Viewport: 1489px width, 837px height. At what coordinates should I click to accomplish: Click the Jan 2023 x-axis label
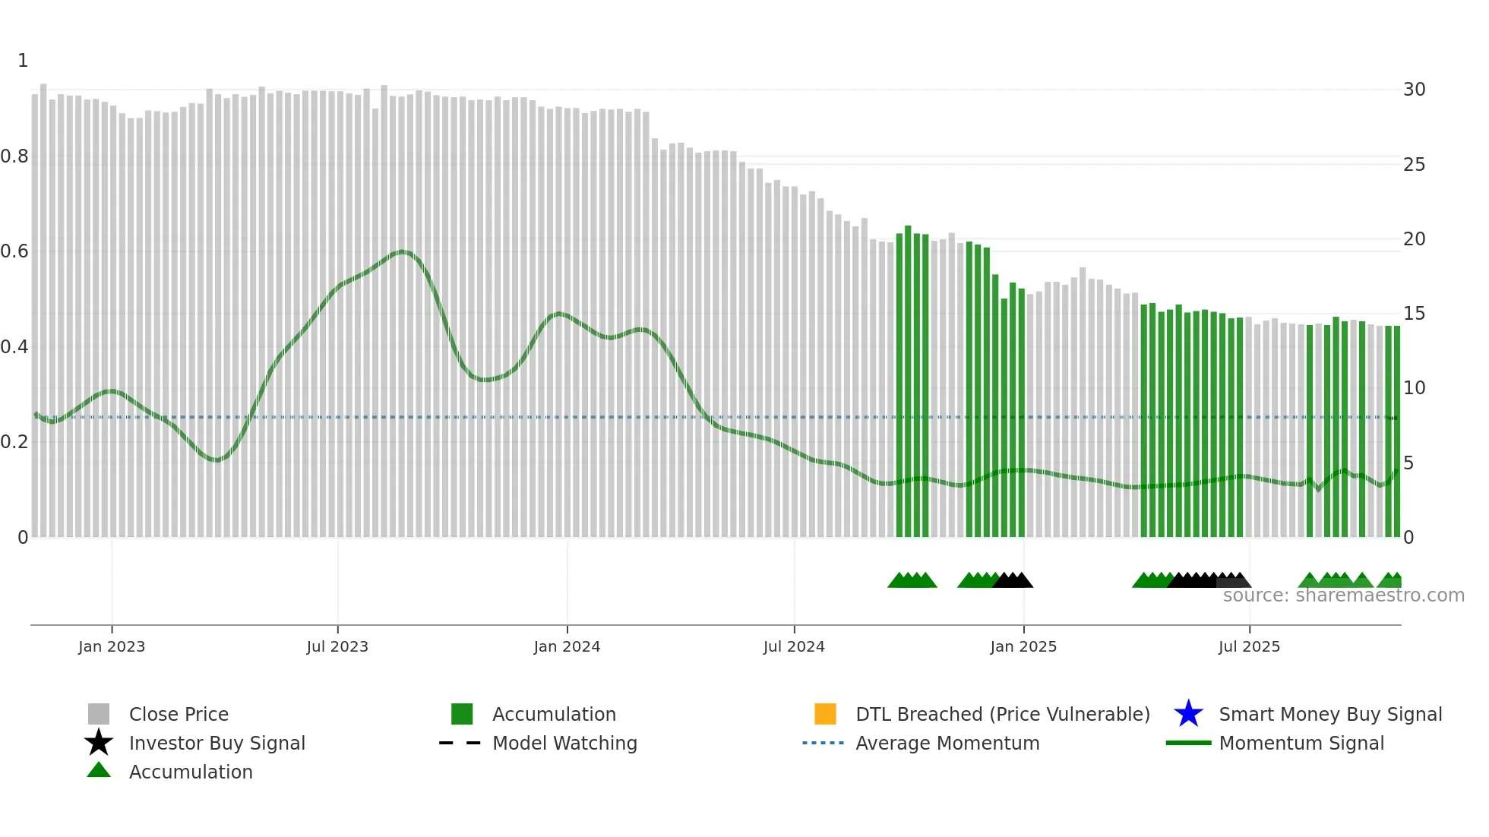112,646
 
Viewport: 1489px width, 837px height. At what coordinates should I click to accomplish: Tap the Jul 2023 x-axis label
337,646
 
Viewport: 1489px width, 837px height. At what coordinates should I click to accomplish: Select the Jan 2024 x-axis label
567,646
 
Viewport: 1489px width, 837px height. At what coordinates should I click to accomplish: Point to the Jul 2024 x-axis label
794,646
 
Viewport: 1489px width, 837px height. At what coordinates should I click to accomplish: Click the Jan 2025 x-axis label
1023,646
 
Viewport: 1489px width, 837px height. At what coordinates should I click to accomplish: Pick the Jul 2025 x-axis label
1249,646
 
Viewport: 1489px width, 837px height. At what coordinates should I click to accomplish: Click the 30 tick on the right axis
1414,90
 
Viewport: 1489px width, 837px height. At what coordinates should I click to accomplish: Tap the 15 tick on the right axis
1414,314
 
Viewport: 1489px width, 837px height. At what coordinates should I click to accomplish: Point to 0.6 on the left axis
14,251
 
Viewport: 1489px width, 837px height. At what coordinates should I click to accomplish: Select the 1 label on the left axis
23,61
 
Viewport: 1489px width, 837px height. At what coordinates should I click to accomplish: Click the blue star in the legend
1188,714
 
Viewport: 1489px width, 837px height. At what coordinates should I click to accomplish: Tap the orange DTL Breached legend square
825,714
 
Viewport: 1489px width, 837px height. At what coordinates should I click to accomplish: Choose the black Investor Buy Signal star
99,743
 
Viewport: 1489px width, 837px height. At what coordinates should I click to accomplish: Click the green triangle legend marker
99,770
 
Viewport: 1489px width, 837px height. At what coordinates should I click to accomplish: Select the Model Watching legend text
564,743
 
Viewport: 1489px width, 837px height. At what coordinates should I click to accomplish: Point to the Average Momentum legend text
947,743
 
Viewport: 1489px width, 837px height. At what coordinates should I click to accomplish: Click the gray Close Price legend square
99,714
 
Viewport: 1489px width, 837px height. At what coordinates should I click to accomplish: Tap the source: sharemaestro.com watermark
1343,595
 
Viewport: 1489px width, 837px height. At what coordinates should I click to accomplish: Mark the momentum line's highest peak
402,251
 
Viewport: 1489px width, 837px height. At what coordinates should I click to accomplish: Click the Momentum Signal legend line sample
1188,743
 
